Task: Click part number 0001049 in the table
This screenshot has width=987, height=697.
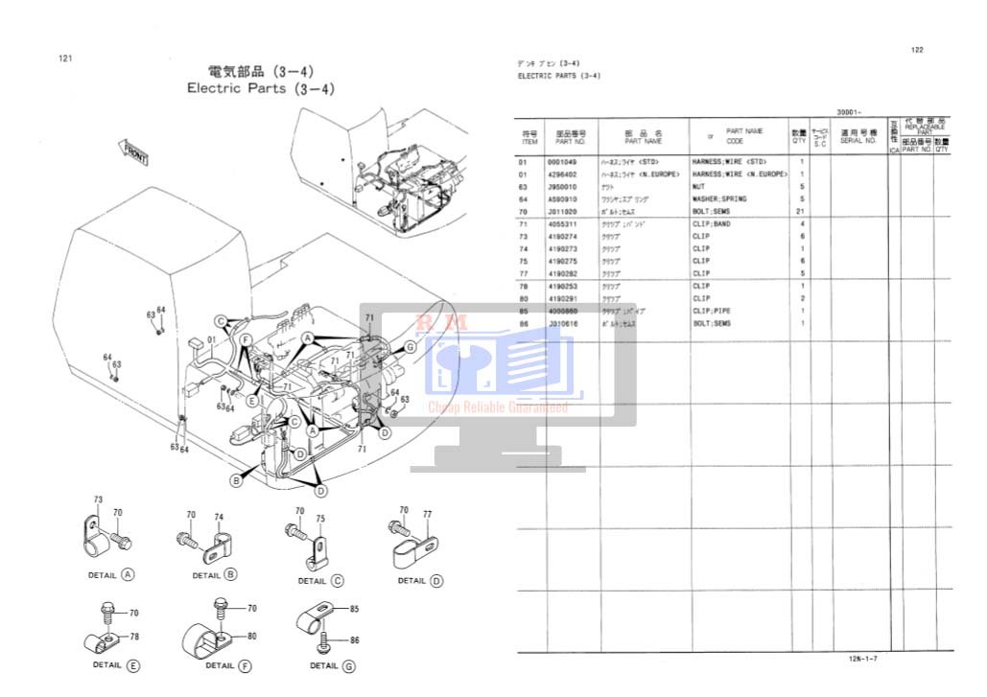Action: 561,162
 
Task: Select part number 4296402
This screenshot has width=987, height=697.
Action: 561,174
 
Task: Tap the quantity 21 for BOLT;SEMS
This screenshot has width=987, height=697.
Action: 799,211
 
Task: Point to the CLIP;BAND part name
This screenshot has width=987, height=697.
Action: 711,224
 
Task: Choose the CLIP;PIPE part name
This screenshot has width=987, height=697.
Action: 711,312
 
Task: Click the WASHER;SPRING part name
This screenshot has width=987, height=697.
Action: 719,199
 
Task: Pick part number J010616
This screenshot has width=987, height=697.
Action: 561,324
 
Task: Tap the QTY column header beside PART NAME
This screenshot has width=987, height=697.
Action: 799,137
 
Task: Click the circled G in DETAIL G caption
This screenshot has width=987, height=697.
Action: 348,665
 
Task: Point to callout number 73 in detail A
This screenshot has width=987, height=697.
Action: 98,500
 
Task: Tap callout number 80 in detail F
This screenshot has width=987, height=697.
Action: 252,635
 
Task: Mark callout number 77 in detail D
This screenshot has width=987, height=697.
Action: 427,515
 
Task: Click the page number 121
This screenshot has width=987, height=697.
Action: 66,58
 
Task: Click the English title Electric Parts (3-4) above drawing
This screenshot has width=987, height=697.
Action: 261,88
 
